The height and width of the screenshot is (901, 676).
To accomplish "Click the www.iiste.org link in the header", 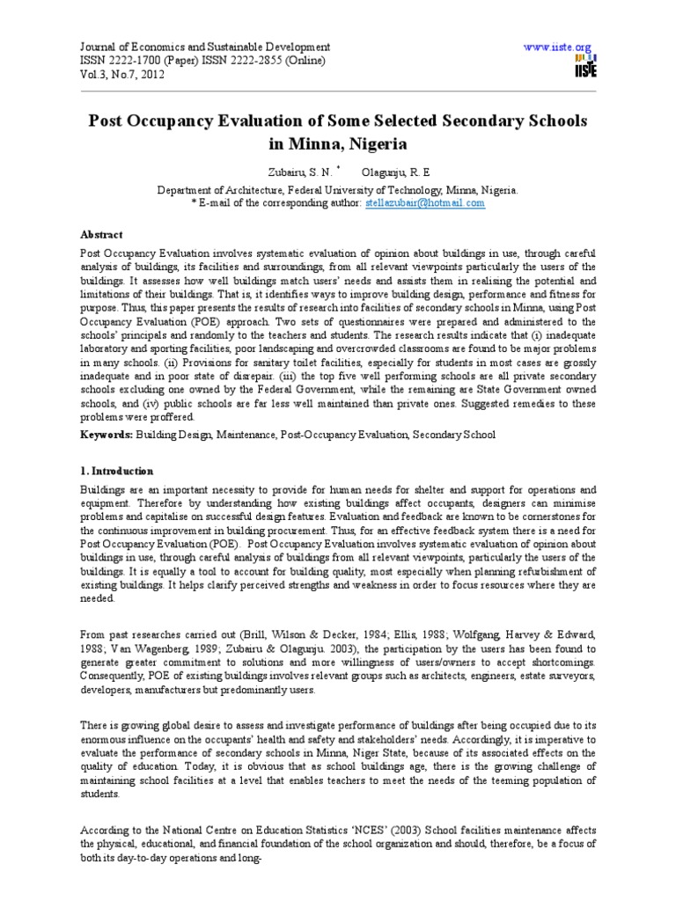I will pyautogui.click(x=557, y=46).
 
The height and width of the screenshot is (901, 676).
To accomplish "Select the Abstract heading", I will pyautogui.click(x=103, y=235).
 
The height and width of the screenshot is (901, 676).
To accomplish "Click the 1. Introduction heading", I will pyautogui.click(x=117, y=471).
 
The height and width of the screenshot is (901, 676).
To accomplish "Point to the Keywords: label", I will pyautogui.click(x=107, y=435).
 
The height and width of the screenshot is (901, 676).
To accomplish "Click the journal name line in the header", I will pyautogui.click(x=206, y=46).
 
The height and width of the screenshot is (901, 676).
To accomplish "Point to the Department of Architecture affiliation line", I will pyautogui.click(x=338, y=189).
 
